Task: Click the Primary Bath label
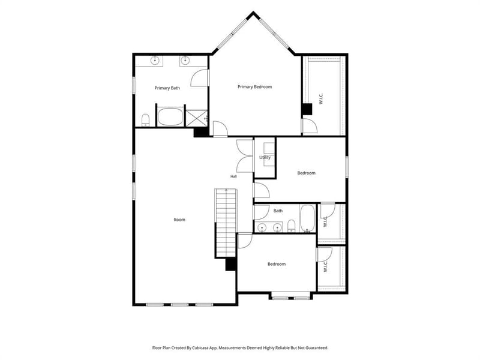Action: click(x=167, y=88)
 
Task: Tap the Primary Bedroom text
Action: click(x=254, y=87)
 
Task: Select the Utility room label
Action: click(x=265, y=157)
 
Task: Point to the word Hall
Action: click(x=233, y=176)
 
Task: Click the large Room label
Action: click(x=179, y=220)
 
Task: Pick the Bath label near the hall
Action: click(x=278, y=211)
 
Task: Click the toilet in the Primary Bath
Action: click(x=145, y=120)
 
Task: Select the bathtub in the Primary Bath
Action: click(x=170, y=116)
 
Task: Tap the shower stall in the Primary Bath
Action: click(x=197, y=118)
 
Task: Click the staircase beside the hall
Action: click(x=226, y=223)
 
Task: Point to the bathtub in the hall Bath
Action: click(x=307, y=218)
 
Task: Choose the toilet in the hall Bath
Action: click(x=291, y=226)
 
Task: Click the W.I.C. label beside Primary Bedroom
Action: click(x=321, y=98)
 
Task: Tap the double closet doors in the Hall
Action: click(x=245, y=156)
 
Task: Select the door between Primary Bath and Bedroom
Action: click(x=200, y=78)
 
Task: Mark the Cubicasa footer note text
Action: click(x=241, y=348)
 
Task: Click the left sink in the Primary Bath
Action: click(x=155, y=61)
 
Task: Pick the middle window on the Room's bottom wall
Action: click(x=179, y=305)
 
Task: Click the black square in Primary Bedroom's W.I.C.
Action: click(x=307, y=109)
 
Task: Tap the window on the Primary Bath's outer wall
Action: click(x=134, y=85)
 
